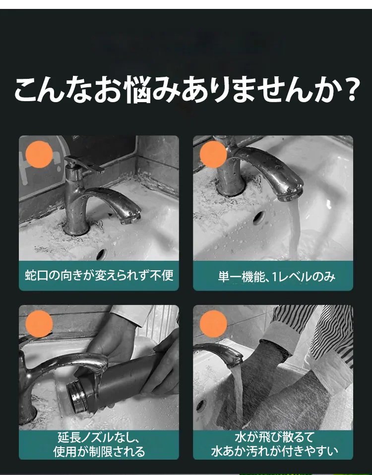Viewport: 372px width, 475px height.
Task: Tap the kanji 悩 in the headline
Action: (137, 90)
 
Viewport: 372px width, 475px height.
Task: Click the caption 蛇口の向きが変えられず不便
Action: (99, 276)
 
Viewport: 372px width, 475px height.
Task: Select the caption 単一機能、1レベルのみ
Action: (277, 277)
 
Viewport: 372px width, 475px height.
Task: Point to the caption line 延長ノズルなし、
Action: (99, 437)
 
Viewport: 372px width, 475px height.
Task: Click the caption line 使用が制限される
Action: (99, 451)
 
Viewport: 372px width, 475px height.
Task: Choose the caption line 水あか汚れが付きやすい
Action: (274, 451)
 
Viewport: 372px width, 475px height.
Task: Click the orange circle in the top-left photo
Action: (39, 154)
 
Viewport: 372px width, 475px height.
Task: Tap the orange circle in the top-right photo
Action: (213, 154)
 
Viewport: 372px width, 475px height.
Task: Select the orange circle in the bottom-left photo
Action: (39, 324)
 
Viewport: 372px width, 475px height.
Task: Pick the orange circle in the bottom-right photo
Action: (213, 324)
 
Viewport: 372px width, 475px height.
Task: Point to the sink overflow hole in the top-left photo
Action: (102, 255)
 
